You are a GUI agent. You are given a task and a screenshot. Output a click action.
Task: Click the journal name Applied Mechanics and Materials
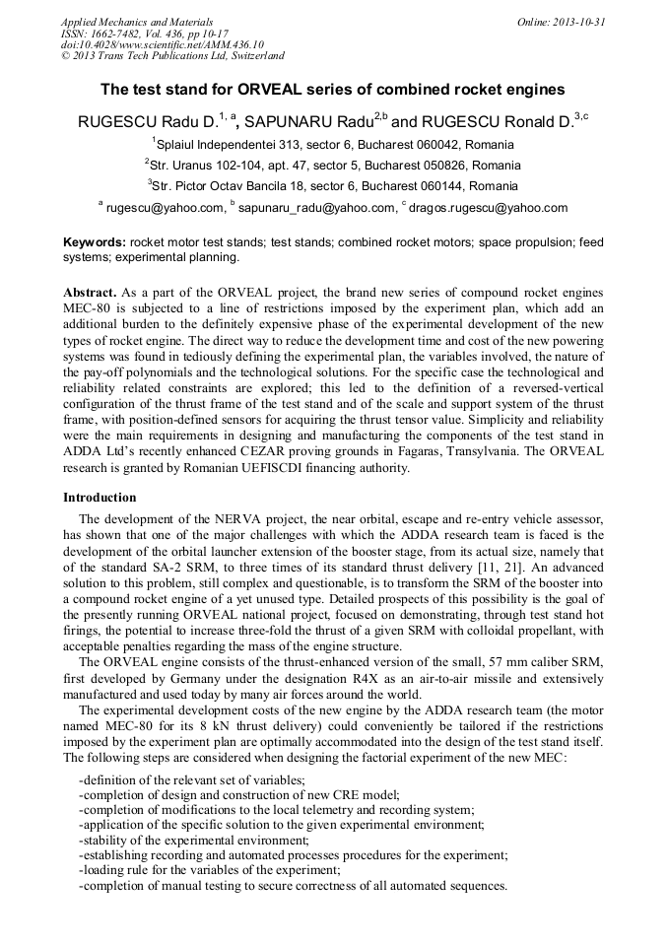click(136, 22)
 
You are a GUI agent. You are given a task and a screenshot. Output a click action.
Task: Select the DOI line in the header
click(163, 44)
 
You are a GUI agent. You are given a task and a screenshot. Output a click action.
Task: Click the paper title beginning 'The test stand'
click(333, 90)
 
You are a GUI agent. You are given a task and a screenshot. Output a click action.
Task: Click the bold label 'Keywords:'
click(95, 242)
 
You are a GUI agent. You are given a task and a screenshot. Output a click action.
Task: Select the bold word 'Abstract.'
click(91, 294)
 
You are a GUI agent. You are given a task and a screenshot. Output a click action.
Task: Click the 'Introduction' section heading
click(100, 498)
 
